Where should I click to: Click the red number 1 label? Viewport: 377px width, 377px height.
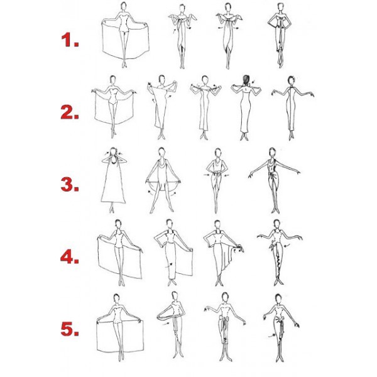[70, 40]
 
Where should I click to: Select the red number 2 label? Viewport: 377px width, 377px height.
[70, 112]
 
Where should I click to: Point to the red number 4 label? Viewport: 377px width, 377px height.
[70, 257]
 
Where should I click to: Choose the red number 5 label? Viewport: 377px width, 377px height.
[70, 329]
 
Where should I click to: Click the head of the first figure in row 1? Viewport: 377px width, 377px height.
[124, 6]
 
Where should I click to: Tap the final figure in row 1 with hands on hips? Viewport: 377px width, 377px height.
[280, 35]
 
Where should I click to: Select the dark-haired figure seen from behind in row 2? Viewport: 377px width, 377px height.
[246, 107]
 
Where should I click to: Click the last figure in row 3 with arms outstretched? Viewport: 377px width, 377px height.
[274, 181]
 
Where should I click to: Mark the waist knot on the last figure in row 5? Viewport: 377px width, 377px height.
[279, 320]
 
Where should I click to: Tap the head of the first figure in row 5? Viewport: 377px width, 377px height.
[116, 298]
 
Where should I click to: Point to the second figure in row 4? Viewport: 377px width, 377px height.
[173, 253]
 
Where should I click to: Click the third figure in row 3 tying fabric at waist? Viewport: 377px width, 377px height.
[217, 181]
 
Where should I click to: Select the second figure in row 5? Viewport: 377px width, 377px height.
[173, 325]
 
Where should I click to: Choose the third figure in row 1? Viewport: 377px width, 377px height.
[228, 36]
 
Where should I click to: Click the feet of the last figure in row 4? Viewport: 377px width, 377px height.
[278, 281]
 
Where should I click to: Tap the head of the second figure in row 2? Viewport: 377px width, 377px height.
[161, 79]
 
